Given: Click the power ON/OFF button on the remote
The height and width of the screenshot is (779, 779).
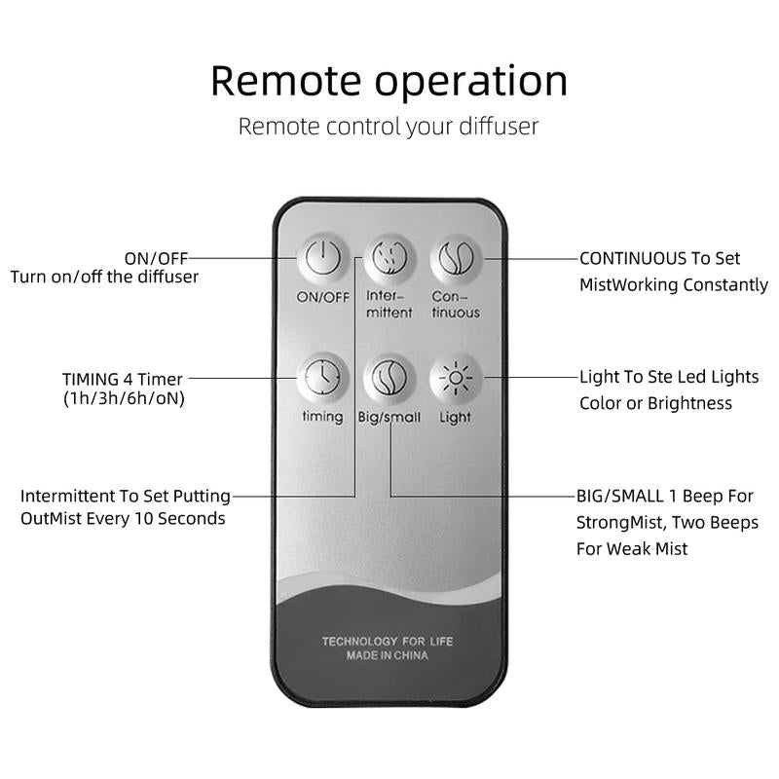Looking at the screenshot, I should click(322, 259).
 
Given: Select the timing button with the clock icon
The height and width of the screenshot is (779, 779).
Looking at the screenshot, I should click(322, 378).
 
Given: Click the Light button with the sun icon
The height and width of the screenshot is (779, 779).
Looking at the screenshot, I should click(455, 378).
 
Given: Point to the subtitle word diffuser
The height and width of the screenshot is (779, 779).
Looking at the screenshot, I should click(493, 127).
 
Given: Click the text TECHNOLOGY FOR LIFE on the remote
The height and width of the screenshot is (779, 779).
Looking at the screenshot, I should click(388, 641).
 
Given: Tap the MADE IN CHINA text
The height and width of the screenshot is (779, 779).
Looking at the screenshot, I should click(388, 656).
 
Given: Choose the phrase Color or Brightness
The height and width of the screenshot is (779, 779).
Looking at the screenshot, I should click(655, 403).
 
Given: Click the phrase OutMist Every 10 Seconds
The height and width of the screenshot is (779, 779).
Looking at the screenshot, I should click(123, 519).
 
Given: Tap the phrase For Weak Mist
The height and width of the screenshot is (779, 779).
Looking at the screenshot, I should click(633, 549).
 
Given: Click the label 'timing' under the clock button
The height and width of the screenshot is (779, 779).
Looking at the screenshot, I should click(322, 417).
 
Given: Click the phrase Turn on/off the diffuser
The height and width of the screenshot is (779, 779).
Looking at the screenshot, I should click(104, 278).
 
